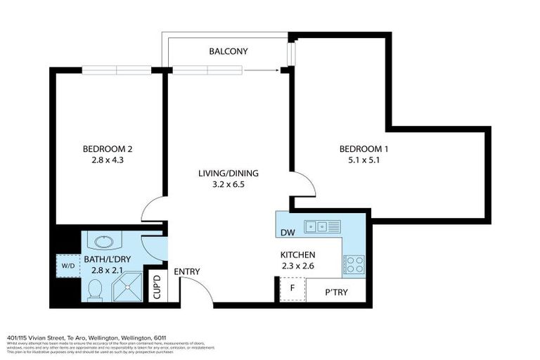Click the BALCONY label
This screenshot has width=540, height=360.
(228, 51)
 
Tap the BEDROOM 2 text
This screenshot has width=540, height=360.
(108, 148)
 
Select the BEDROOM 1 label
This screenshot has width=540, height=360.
(364, 148)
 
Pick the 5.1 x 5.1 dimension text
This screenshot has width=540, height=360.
(364, 160)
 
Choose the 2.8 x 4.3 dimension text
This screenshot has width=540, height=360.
(108, 160)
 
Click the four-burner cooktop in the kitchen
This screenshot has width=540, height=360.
(353, 265)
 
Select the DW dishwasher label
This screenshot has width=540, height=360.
(287, 233)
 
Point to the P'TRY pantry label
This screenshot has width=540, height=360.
(337, 292)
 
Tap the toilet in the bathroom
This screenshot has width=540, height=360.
(96, 289)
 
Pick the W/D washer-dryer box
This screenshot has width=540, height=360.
(68, 266)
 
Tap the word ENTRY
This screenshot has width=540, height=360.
(187, 272)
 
